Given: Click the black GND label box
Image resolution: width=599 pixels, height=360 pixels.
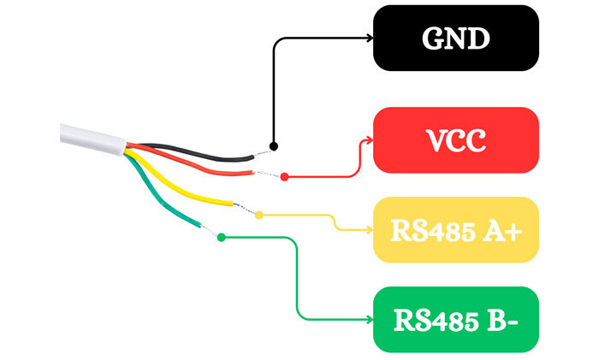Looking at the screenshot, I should pos(455,38).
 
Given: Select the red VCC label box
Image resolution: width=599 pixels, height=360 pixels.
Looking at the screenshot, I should pos(455,139).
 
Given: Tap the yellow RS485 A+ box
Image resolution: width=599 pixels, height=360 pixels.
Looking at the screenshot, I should pos(455,229).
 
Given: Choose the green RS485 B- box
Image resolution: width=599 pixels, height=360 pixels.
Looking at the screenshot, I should pos(455,320).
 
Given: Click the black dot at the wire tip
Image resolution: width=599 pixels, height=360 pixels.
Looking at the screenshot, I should pos(273,146).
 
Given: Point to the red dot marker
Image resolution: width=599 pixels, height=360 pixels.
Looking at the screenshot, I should pos(284,177).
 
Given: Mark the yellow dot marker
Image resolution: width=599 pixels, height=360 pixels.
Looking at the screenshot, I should pos(259,214).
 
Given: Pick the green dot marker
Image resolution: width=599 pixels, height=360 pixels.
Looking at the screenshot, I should pos(222,237).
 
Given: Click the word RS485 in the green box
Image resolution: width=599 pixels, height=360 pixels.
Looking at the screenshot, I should pos(432,320).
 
